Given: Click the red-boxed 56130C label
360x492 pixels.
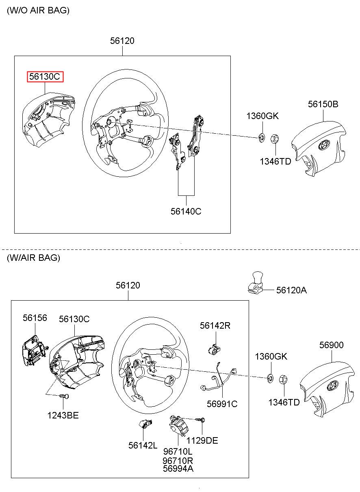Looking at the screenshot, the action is pyautogui.click(x=45, y=77).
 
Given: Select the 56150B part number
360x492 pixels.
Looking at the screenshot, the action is pyautogui.click(x=323, y=104).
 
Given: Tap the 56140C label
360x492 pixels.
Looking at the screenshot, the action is pyautogui.click(x=186, y=211).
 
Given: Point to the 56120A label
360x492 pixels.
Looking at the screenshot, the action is pyautogui.click(x=291, y=290).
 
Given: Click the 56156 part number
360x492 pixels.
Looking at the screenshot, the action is pyautogui.click(x=35, y=318).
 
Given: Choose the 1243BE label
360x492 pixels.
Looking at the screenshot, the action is pyautogui.click(x=63, y=415).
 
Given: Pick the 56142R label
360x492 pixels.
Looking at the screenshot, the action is pyautogui.click(x=215, y=325).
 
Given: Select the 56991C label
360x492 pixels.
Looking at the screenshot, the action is pyautogui.click(x=222, y=404).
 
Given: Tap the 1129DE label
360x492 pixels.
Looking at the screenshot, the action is pyautogui.click(x=202, y=440).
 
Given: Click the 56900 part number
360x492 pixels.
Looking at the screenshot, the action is pyautogui.click(x=331, y=345).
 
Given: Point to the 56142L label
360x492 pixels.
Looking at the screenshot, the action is pyautogui.click(x=143, y=445).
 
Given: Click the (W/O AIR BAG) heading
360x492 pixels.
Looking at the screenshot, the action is pyautogui.click(x=38, y=10).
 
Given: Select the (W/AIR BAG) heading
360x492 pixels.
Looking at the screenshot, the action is pyautogui.click(x=34, y=258).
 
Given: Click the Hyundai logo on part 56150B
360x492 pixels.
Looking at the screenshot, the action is pyautogui.click(x=324, y=145).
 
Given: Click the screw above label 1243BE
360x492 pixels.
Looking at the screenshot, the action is pyautogui.click(x=64, y=396).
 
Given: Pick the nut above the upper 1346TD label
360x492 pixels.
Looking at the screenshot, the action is pyautogui.click(x=275, y=139).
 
